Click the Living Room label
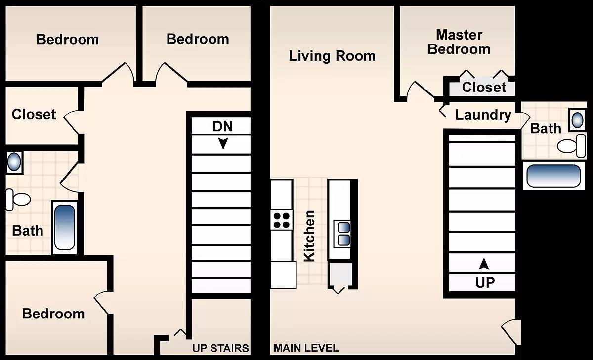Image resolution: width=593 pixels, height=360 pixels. pyautogui.click(x=332, y=56)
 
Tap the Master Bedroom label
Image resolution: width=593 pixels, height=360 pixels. pyautogui.click(x=459, y=42)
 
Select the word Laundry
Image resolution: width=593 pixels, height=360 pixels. pyautogui.click(x=483, y=115)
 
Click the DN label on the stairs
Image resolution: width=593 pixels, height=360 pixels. pyautogui.click(x=223, y=126)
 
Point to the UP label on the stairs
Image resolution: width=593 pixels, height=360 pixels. pyautogui.click(x=485, y=283)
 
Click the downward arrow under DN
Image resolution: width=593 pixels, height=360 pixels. pyautogui.click(x=223, y=144)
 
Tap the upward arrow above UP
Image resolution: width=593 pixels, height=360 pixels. pyautogui.click(x=484, y=264)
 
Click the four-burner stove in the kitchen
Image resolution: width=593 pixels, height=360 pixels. pyautogui.click(x=281, y=221)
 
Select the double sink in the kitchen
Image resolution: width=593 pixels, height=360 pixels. pyautogui.click(x=342, y=234)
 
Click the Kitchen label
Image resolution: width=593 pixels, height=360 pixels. pyautogui.click(x=309, y=236)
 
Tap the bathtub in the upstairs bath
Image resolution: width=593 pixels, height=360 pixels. pyautogui.click(x=65, y=227)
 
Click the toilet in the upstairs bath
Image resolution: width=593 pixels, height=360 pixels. pyautogui.click(x=18, y=199)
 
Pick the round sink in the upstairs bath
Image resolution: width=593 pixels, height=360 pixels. pyautogui.click(x=14, y=162)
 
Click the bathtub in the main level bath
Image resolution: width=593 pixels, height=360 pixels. pyautogui.click(x=554, y=176)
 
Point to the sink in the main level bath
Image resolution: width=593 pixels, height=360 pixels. pyautogui.click(x=577, y=120)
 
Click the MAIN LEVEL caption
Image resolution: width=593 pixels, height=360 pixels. pyautogui.click(x=306, y=348)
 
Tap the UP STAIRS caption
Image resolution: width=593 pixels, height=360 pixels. pyautogui.click(x=220, y=348)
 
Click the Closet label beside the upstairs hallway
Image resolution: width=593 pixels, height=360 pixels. pyautogui.click(x=34, y=114)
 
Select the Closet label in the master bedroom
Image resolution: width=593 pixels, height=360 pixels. pyautogui.click(x=484, y=87)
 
